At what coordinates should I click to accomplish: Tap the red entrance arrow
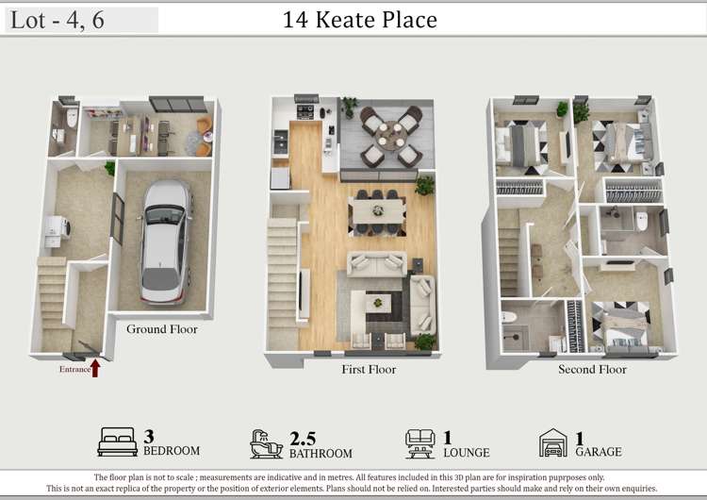tap(95, 367)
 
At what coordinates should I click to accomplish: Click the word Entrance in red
tap(74, 370)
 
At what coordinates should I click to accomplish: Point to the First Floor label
tap(369, 370)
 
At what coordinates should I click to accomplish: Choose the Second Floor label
tap(592, 370)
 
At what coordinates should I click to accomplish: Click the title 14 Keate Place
tap(360, 20)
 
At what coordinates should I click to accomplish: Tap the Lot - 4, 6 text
tap(58, 21)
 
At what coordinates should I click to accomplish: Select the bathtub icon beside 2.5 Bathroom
tap(266, 442)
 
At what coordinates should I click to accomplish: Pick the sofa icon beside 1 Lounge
tap(419, 442)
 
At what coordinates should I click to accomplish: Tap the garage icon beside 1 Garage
tap(552, 442)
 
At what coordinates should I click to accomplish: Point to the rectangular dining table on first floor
tap(376, 208)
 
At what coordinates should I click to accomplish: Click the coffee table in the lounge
tap(378, 303)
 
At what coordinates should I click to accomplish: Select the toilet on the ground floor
tap(72, 118)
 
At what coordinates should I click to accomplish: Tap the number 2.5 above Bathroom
tap(302, 437)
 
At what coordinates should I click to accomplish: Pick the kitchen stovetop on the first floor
tap(307, 112)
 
